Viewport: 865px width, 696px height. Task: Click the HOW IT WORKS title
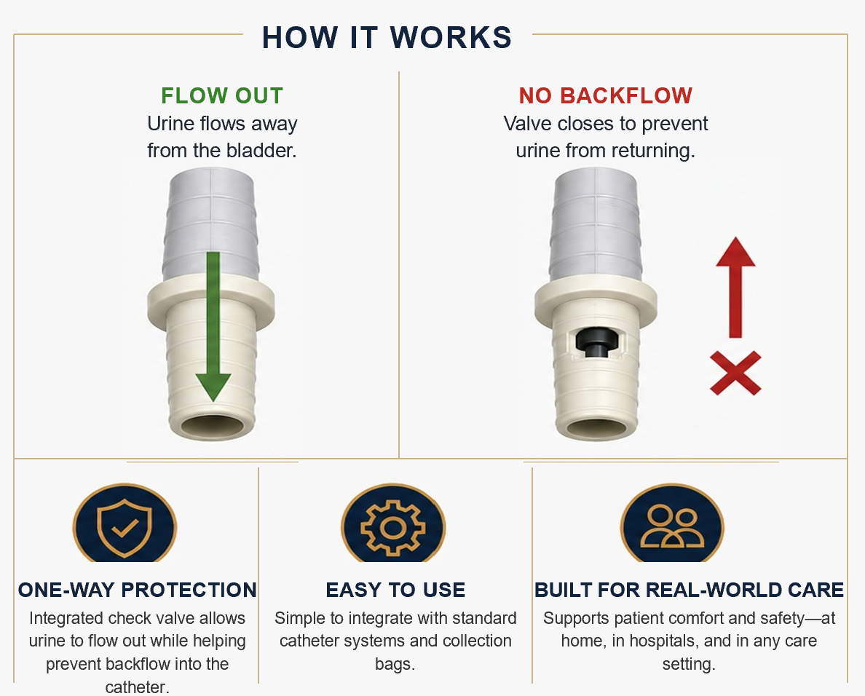(387, 38)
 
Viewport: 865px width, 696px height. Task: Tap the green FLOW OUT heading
(222, 96)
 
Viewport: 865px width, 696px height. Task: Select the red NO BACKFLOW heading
(605, 96)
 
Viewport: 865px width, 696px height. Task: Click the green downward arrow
(213, 326)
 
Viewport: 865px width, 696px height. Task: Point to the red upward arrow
(735, 288)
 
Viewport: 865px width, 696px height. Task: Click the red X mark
(735, 373)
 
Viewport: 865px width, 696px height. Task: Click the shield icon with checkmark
(124, 527)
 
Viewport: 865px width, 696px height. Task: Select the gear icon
(392, 527)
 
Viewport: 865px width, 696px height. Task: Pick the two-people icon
(672, 526)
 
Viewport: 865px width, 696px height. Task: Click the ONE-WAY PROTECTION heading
(138, 590)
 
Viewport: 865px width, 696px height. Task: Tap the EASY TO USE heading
(395, 590)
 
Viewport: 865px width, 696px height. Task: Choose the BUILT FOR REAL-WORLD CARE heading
(689, 590)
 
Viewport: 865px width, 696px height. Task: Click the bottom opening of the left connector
(213, 426)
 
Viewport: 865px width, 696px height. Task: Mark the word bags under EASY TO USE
(395, 664)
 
